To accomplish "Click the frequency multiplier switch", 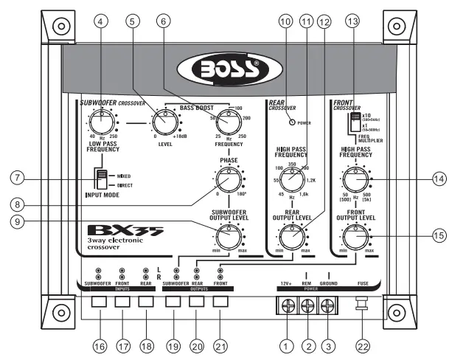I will click(x=357, y=120).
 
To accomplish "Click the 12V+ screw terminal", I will click(x=286, y=303).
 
